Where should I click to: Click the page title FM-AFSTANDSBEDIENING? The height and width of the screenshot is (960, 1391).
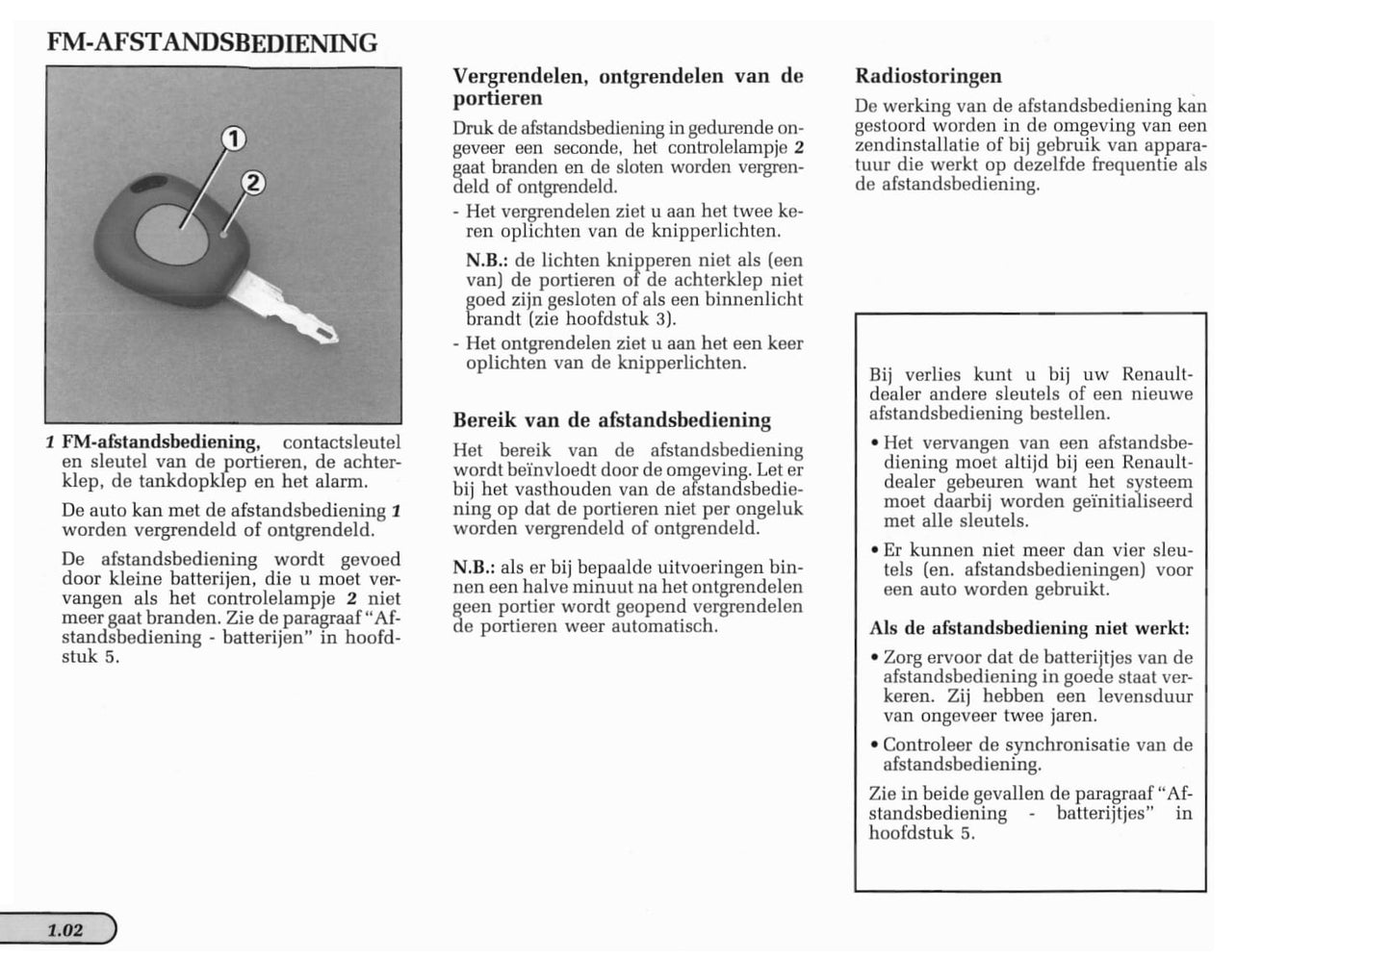(x=212, y=43)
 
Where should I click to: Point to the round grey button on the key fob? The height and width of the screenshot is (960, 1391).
(x=171, y=234)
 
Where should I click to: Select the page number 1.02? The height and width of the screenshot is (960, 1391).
(x=65, y=930)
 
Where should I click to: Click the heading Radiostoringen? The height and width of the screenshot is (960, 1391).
(x=928, y=76)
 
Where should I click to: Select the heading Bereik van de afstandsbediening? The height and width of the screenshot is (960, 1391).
(x=611, y=420)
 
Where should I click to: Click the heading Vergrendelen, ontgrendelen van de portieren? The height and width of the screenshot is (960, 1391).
(x=628, y=87)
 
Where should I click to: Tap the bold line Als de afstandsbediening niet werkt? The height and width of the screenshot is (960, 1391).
(x=1029, y=628)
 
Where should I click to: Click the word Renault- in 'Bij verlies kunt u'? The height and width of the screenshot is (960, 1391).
(x=1157, y=375)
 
